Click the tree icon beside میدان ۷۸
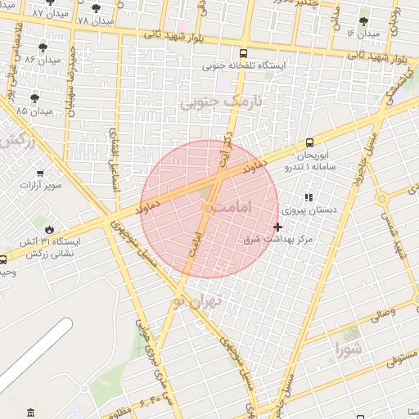[x=97, y=8]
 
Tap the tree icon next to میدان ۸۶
[x=43, y=48]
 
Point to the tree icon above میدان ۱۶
[x=363, y=22]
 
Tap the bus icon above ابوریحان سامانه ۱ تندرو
[x=309, y=142]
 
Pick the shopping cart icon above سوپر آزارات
[x=38, y=173]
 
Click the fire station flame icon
[x=49, y=231]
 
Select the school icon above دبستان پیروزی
[x=309, y=197]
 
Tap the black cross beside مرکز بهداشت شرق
[x=278, y=227]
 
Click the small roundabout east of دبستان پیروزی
[x=381, y=199]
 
